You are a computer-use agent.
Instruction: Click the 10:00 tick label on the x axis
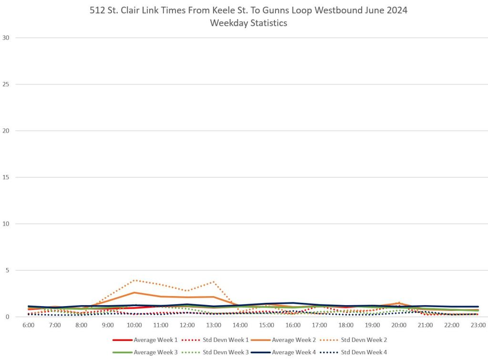point(134,325)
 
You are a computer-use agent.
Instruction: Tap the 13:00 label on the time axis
point(213,325)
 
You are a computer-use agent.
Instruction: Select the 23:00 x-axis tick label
point(478,325)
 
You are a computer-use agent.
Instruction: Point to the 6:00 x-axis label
point(29,325)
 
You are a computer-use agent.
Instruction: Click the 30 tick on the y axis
point(6,38)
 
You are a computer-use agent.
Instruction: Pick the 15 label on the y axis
point(6,177)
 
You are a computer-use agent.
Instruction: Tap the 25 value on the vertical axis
point(6,84)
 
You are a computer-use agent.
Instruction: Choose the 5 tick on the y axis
point(7,270)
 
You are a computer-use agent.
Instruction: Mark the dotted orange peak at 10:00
point(134,280)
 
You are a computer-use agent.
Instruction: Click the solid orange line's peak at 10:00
point(134,292)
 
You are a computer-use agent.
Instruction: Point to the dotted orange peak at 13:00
point(213,282)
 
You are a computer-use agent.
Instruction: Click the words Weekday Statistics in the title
point(248,23)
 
